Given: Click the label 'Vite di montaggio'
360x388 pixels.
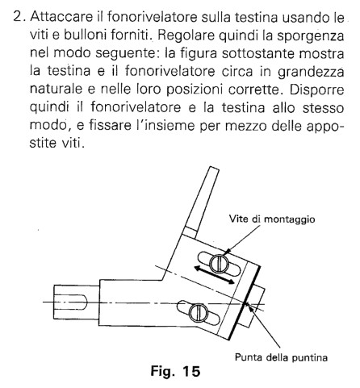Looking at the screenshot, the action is [272, 219].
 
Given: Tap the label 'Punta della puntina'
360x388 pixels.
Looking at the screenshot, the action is [281, 357].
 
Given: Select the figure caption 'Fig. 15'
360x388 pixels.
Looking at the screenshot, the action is [175, 371].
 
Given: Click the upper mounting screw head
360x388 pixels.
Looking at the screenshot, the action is [219, 264].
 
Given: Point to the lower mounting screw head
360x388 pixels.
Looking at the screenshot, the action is [199, 313].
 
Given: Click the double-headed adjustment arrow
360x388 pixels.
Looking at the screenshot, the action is [215, 275].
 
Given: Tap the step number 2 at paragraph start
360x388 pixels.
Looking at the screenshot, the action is [20, 18].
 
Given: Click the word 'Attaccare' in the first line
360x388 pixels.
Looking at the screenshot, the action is [61, 17].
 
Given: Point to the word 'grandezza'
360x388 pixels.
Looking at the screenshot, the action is [311, 73].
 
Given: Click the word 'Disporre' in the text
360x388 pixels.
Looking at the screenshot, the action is [316, 90].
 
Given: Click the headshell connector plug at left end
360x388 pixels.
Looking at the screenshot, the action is [77, 302].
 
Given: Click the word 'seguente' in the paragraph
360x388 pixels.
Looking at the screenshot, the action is [125, 54].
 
